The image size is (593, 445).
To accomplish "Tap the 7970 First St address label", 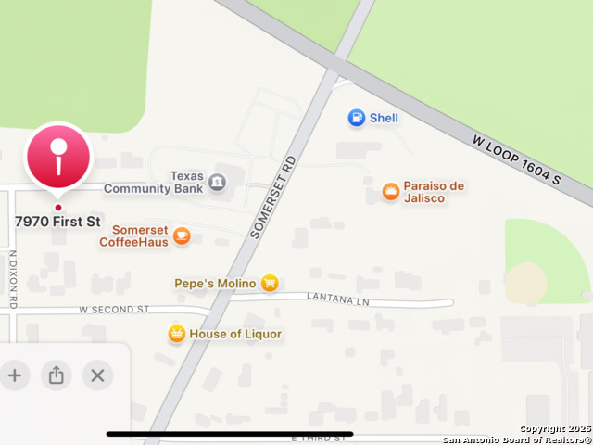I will [x=57, y=222].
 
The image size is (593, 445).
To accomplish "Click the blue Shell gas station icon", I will [x=356, y=118].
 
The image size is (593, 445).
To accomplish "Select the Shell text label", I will [x=384, y=118].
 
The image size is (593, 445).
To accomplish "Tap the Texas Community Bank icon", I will [x=217, y=183].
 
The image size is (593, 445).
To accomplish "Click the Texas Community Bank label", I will [x=153, y=183].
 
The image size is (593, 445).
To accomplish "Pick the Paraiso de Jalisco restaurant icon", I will [x=391, y=192].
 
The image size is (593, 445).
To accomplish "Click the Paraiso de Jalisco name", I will [x=434, y=192].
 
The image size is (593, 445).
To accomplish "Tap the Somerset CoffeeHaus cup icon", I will [x=182, y=235].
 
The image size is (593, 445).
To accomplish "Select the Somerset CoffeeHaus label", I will [x=139, y=235].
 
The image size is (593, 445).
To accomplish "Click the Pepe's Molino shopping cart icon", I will [x=269, y=283].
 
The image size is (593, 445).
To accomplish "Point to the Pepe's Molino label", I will [x=214, y=283].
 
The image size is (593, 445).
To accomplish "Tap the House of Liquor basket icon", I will [x=176, y=334].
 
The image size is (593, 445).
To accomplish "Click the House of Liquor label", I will [x=235, y=334].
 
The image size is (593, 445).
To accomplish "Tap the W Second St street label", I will [x=114, y=309].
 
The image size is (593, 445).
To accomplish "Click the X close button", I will [x=97, y=375].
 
